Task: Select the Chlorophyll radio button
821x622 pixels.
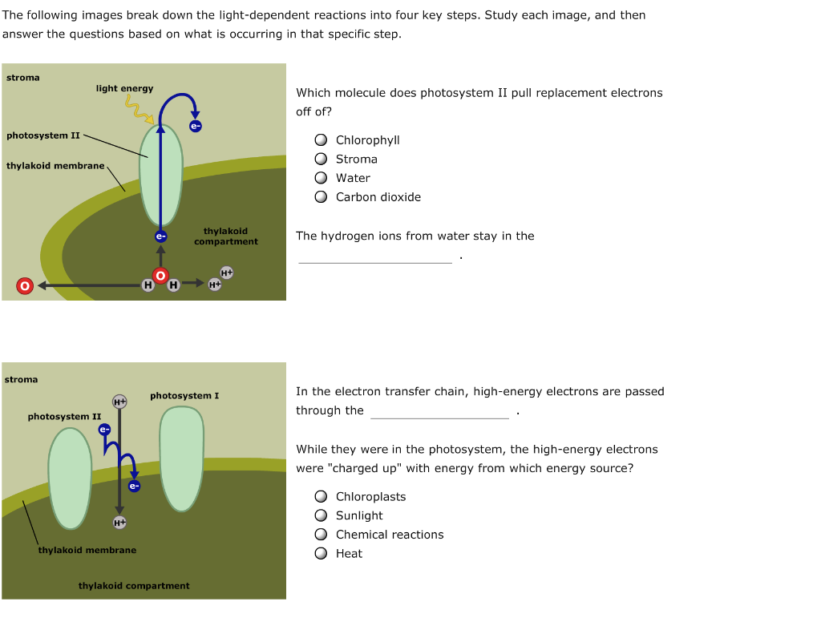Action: pos(321,140)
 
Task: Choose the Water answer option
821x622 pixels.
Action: pos(321,178)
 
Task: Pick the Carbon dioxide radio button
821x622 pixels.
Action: pos(321,197)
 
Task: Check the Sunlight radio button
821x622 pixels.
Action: pos(321,515)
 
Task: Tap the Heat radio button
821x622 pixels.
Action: pos(321,554)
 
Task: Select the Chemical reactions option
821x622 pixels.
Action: pos(321,535)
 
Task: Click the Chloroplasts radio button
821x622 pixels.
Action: pos(321,497)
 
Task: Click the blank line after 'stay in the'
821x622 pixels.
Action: pos(374,256)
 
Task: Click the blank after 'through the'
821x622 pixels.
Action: pos(439,412)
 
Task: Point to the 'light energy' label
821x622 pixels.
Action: pos(124,88)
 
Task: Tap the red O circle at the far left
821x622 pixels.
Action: pos(24,285)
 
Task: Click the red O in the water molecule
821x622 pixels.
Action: pos(160,276)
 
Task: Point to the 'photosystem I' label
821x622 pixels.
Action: pos(184,396)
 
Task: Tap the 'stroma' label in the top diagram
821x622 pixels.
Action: pos(22,78)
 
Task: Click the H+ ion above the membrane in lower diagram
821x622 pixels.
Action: pos(119,401)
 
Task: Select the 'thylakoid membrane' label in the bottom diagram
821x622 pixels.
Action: pos(87,550)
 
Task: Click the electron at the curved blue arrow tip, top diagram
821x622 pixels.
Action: pos(196,126)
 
